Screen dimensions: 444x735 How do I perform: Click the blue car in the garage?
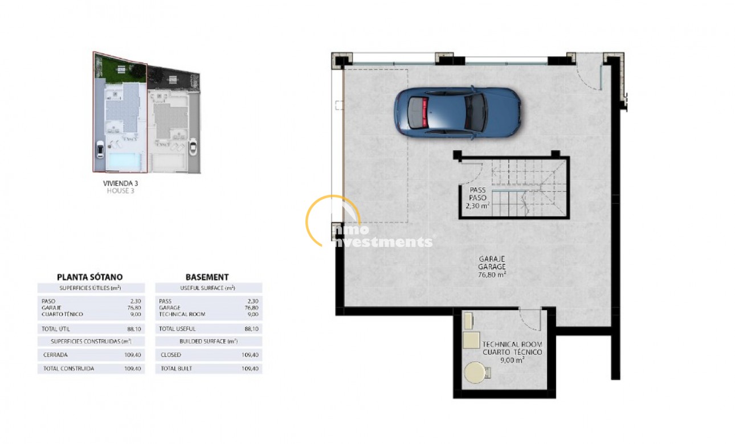456,112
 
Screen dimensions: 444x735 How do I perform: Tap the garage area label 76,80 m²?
492,274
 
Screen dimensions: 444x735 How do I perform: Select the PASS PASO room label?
477,194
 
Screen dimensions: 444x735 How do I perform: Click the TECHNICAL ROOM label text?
512,344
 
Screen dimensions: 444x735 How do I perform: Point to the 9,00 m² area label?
513,360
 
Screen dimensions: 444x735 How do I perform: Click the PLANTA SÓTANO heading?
89,277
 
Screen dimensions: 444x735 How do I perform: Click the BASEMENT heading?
207,277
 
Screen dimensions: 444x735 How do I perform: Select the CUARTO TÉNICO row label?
62,314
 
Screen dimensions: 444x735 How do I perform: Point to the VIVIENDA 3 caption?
120,183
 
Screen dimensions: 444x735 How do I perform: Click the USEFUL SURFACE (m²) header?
207,288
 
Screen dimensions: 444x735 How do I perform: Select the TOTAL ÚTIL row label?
56,329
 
